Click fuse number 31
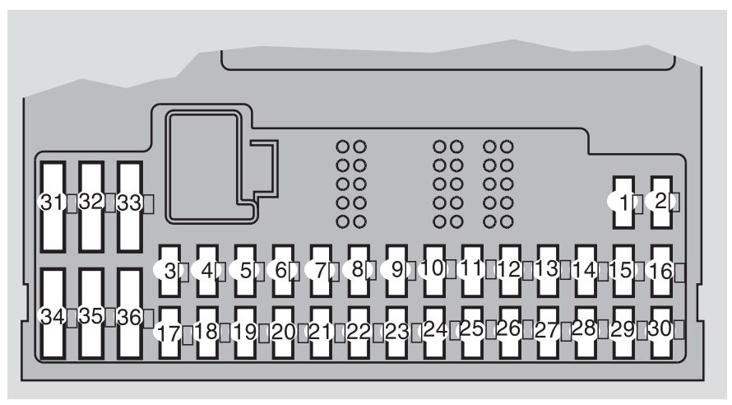coord(53,207)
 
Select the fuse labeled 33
coord(129,207)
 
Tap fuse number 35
coord(91,314)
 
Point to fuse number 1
coord(623,202)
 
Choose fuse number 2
coord(661,202)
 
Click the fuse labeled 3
coord(169,271)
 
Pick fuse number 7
coord(322,271)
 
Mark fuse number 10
coord(434,271)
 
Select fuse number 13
coord(548,271)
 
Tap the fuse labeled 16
coord(661,271)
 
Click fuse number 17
coord(169,333)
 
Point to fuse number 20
coord(284,333)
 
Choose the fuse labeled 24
coord(434,333)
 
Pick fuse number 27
coord(548,333)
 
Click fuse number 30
coord(661,333)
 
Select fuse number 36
coord(129,314)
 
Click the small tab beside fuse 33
coord(148,204)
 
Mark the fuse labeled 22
coord(359,333)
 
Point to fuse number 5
coord(246,271)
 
